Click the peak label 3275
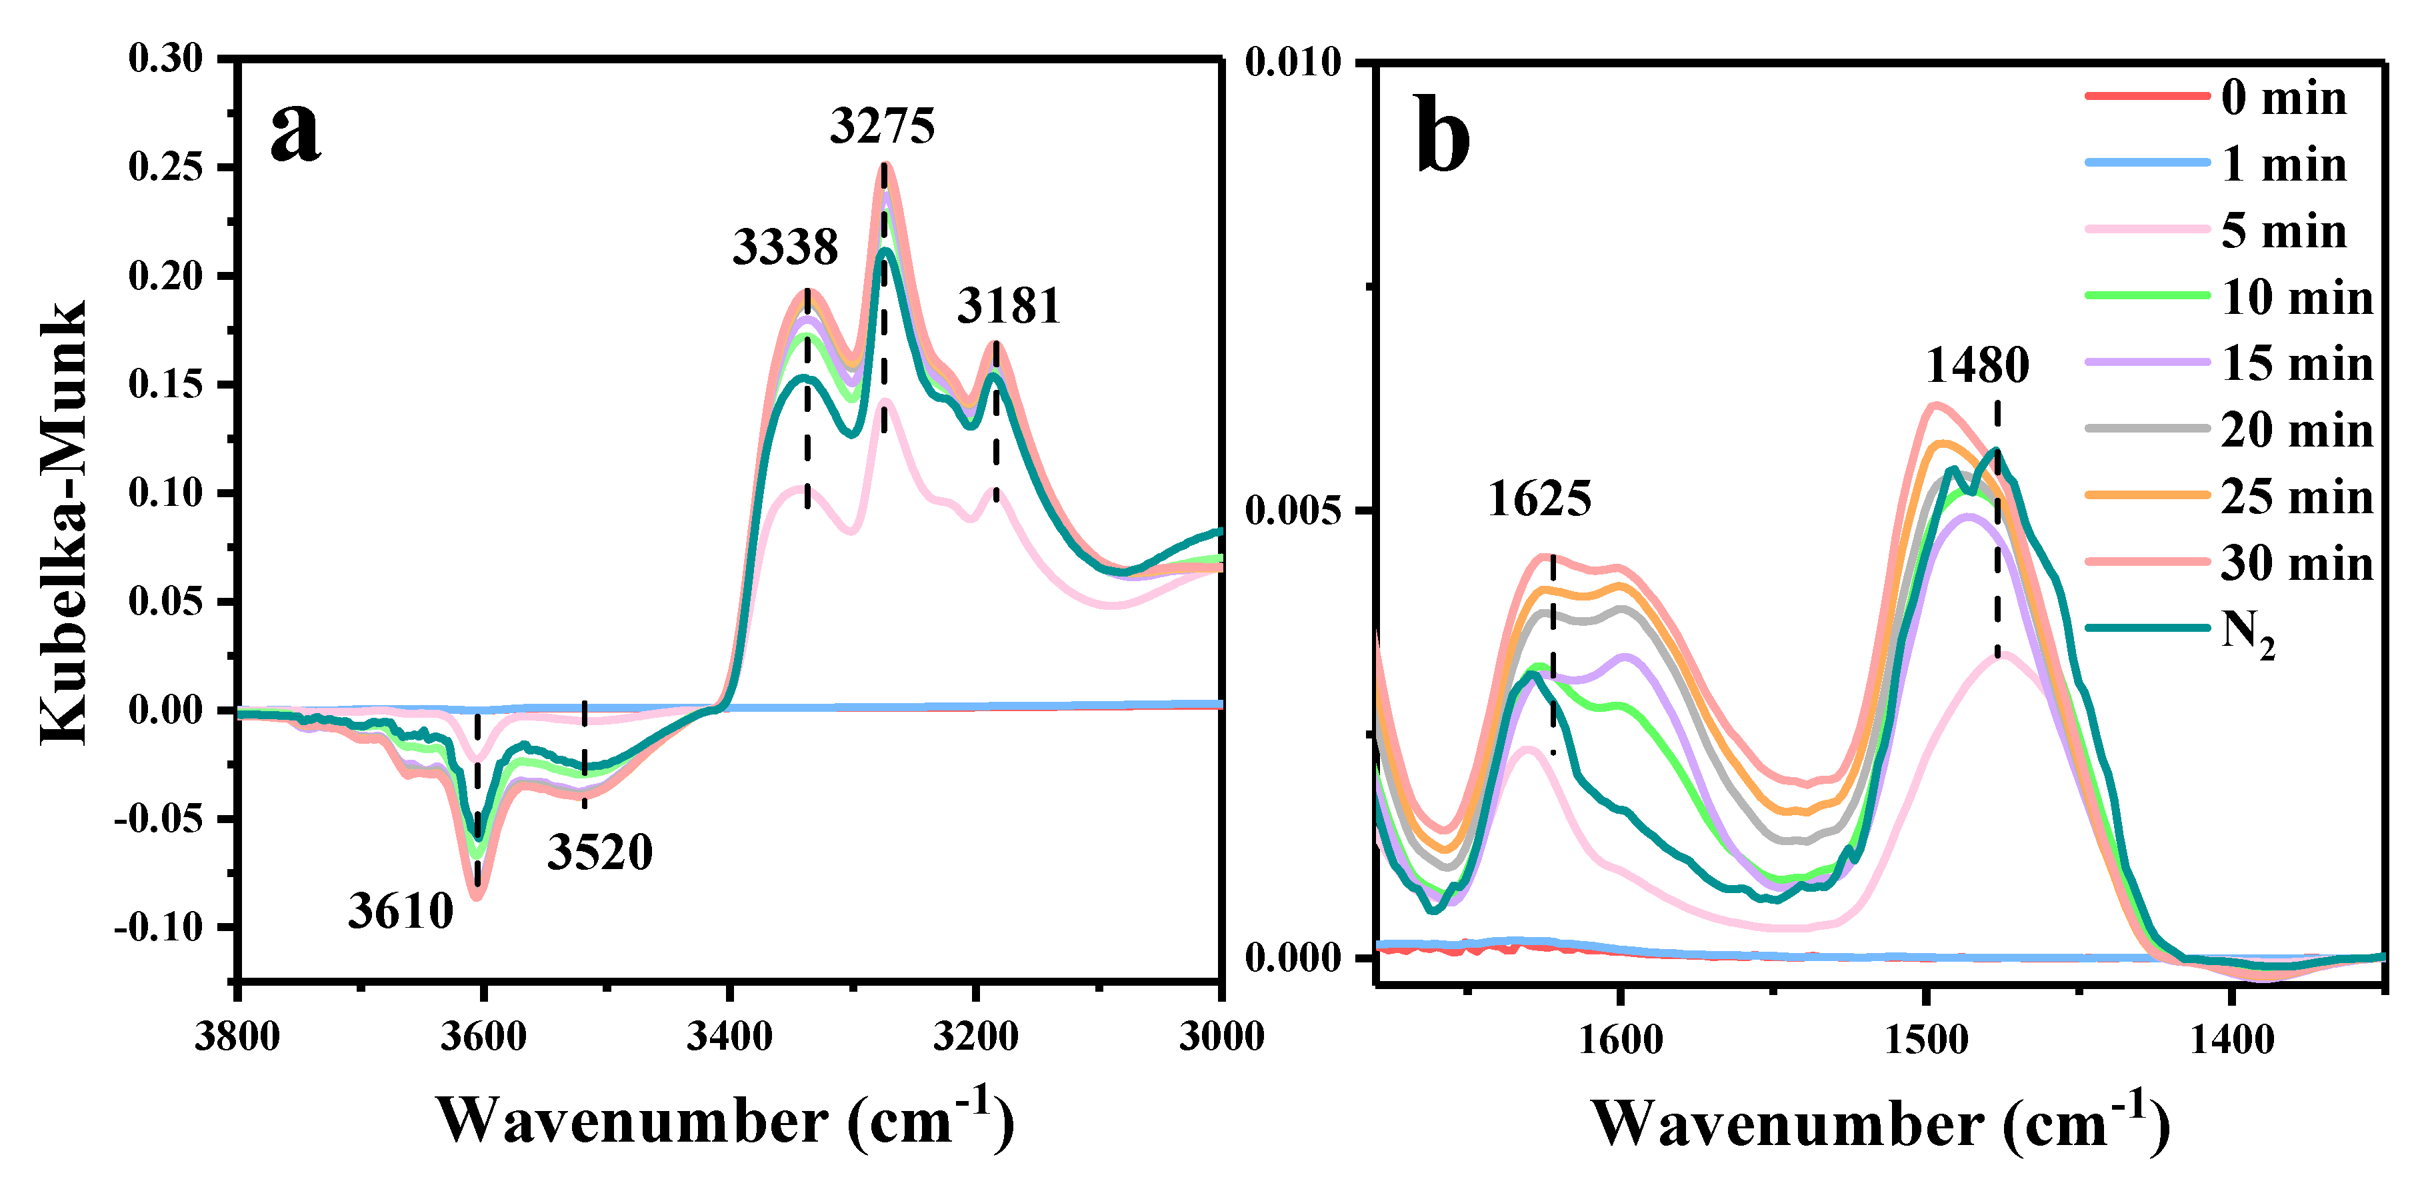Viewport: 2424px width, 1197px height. tap(882, 126)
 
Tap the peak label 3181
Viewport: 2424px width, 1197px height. tap(1009, 306)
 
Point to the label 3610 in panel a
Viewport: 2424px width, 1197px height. tap(401, 911)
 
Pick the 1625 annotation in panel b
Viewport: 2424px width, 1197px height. tap(1539, 499)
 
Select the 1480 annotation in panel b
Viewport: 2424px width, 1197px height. tap(1977, 365)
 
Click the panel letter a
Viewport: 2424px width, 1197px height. tap(295, 133)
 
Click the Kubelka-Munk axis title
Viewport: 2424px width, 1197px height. tap(64, 523)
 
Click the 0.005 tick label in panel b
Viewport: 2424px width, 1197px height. tap(1293, 511)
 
